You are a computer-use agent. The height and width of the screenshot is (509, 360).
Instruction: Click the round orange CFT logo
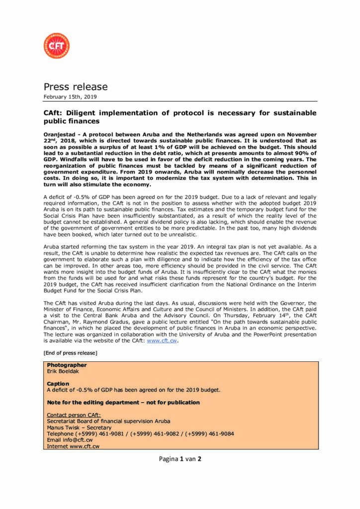coord(56,46)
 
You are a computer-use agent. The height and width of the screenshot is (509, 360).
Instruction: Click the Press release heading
coord(76,87)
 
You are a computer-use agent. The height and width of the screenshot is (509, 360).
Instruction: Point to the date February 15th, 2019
coord(70,96)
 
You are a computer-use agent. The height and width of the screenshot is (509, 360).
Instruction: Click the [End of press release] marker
coord(70,353)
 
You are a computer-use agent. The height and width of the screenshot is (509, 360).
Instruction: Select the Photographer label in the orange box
coord(67,365)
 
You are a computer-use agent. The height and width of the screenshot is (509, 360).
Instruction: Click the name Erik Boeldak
coord(64,371)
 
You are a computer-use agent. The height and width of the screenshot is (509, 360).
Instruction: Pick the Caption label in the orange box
coord(58,384)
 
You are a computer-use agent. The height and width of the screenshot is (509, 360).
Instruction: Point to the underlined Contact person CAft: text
coord(74,415)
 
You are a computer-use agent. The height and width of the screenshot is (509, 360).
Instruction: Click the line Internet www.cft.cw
coord(73,446)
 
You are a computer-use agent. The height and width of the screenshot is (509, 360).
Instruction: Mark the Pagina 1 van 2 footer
coord(180,459)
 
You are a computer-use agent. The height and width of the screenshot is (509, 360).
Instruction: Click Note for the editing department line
coord(123,402)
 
